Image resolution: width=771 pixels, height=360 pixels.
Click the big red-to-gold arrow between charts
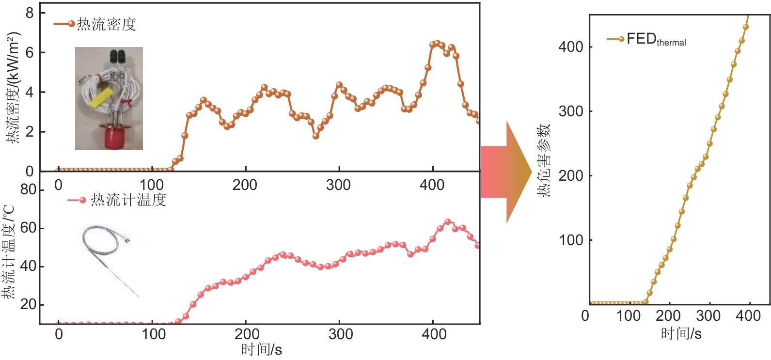click(506, 172)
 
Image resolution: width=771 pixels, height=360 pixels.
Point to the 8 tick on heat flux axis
click(30, 13)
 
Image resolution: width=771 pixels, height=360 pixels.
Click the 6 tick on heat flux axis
click(30, 52)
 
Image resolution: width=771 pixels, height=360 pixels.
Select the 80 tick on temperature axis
click(29, 189)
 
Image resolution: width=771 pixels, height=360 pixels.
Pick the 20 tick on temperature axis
click(29, 305)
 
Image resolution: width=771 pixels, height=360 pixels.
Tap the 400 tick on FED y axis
click(570, 47)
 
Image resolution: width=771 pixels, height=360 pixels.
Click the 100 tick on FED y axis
click(570, 240)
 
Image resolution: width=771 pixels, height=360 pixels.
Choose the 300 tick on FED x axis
click(708, 316)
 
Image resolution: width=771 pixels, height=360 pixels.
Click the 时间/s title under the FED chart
click(681, 333)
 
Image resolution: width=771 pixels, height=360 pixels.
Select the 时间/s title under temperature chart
click(261, 349)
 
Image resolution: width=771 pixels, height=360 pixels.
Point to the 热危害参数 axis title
click(544, 160)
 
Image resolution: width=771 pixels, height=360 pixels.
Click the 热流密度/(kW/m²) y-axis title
click(14, 87)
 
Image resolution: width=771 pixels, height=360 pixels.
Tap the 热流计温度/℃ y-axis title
click(9, 252)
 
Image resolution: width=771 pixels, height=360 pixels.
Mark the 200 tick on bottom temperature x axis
click(247, 334)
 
